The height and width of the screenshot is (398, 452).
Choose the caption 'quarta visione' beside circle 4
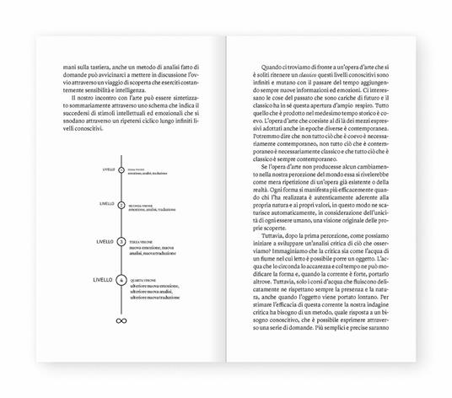tap(143, 276)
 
